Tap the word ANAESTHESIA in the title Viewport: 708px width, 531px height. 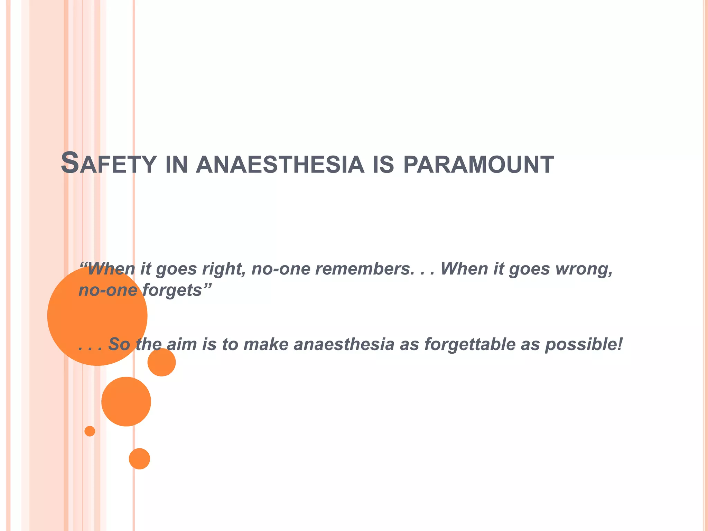coord(280,165)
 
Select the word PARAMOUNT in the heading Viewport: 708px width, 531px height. coord(478,165)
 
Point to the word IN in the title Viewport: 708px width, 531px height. coord(176,165)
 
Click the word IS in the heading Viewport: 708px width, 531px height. coord(383,165)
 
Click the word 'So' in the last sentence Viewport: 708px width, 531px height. coord(119,344)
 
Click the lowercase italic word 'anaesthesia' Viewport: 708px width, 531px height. coord(344,344)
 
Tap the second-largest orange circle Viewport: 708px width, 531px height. coord(126,401)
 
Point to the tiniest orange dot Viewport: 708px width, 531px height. coord(90,431)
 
